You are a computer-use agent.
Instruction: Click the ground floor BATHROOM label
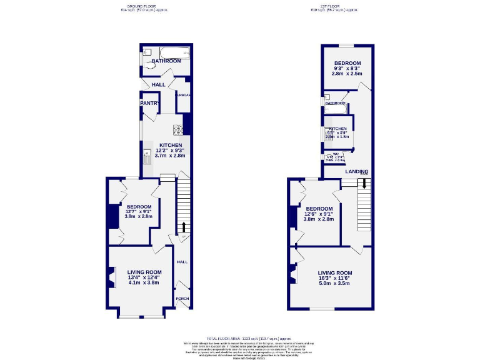click(x=166, y=61)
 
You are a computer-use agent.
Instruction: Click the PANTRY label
click(x=150, y=103)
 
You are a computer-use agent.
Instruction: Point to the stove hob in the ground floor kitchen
click(x=178, y=131)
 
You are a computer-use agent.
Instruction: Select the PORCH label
click(x=182, y=299)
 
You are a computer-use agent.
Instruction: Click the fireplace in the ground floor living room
click(x=112, y=277)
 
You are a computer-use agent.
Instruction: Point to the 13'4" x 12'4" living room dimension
click(x=144, y=277)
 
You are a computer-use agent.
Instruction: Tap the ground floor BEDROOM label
click(x=139, y=207)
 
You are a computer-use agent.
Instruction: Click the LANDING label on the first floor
click(x=357, y=171)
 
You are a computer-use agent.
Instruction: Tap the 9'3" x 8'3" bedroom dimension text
click(x=347, y=68)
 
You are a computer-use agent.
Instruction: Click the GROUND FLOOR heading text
click(x=144, y=6)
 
